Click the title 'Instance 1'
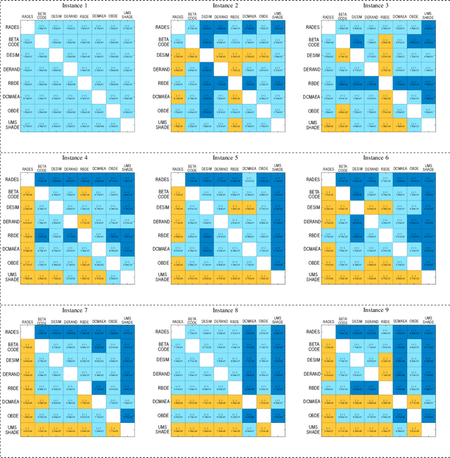pyautogui.click(x=76, y=5)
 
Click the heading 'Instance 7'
pyautogui.click(x=76, y=309)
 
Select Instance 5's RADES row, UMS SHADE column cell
pyautogui.click(x=277, y=180)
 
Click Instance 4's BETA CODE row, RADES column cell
pyautogui.click(x=28, y=194)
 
